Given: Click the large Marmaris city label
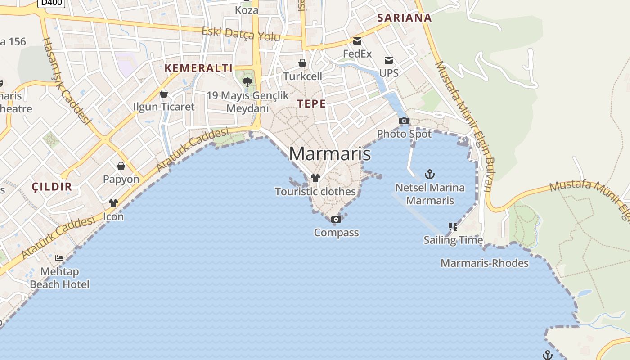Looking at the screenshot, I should tap(330, 154).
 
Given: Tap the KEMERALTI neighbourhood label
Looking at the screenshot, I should tap(198, 68).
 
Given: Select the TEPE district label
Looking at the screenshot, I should tap(311, 104).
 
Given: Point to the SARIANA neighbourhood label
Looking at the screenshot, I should tap(404, 18).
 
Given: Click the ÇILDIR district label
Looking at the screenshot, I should tap(52, 187).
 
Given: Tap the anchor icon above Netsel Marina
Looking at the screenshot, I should tap(430, 174).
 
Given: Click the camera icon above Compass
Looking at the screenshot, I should tap(336, 220).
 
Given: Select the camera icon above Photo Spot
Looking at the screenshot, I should tap(404, 121).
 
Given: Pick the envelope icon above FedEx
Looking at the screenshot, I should tap(357, 41).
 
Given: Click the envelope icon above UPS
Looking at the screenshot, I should tap(389, 60).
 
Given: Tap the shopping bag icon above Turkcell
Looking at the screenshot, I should tap(302, 63).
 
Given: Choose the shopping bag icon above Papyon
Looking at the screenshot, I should tap(121, 166).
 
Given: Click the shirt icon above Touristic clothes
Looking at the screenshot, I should tap(315, 178).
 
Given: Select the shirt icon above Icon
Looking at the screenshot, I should tap(113, 203).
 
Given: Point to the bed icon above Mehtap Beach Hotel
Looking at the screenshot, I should tap(59, 258).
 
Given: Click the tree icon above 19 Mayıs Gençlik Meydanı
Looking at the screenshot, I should tap(247, 82).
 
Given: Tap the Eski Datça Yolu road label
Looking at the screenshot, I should tap(241, 34).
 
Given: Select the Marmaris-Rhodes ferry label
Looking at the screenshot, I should tap(485, 263).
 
